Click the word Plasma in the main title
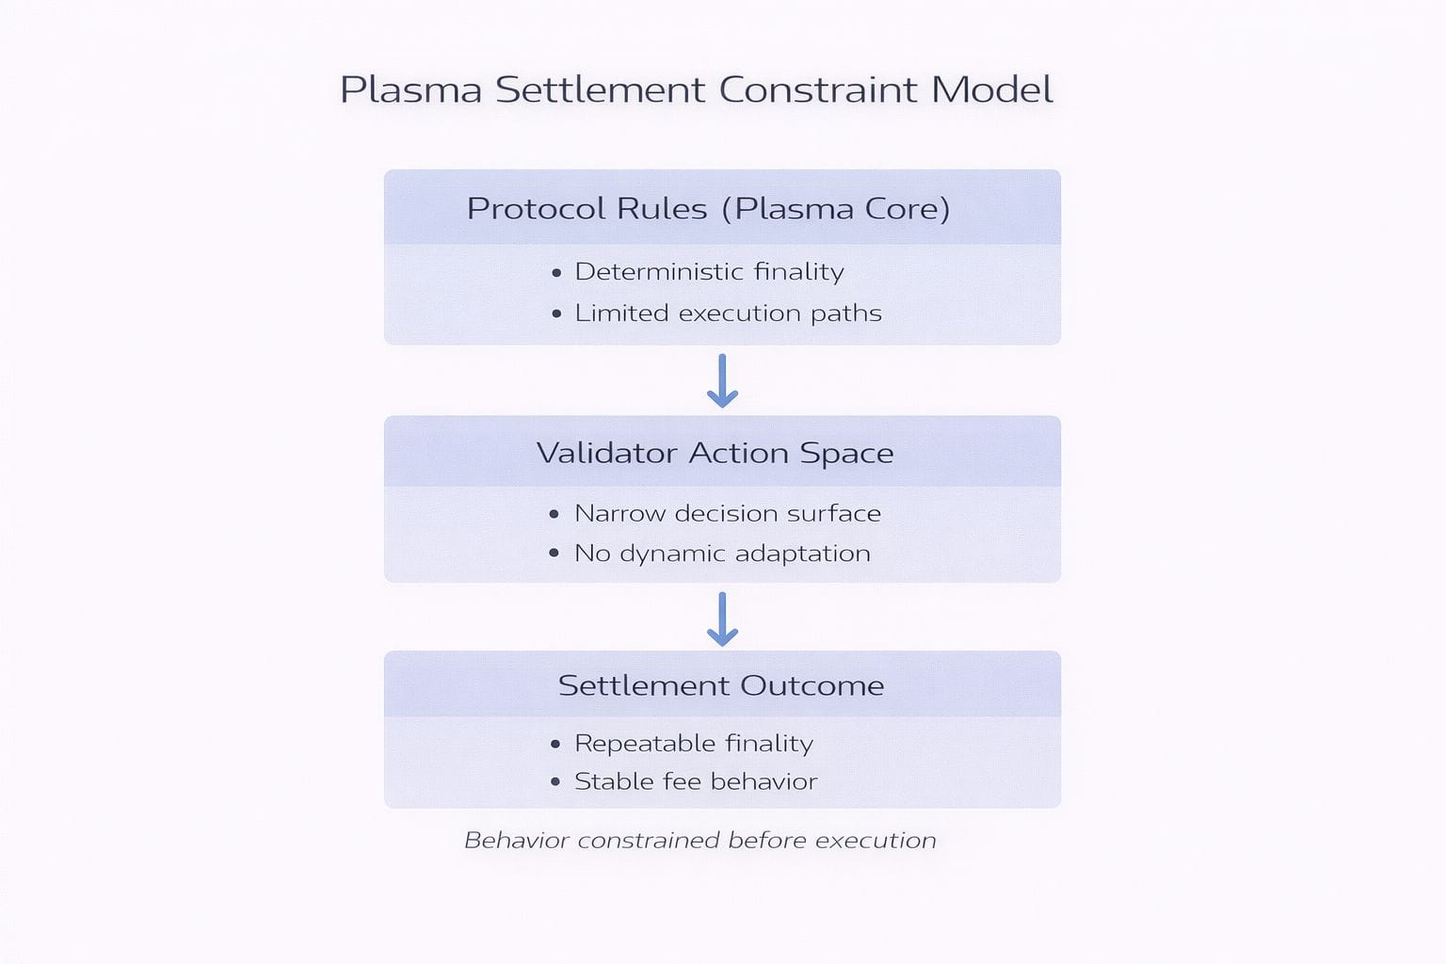[410, 90]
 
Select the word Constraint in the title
[818, 90]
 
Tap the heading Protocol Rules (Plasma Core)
[708, 208]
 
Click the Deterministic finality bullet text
[709, 272]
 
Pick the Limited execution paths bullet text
[728, 313]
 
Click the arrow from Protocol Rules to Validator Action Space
[722, 380]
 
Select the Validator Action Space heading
[715, 453]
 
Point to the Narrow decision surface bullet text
[727, 513]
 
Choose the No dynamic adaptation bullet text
[722, 554]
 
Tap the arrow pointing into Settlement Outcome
[722, 619]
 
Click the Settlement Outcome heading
[721, 685]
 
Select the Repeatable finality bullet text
[694, 744]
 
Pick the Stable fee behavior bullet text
[696, 781]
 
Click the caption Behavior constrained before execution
[700, 840]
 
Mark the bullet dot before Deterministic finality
[556, 273]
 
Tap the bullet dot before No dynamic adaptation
[554, 554]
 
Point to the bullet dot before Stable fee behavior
[555, 782]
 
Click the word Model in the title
[992, 90]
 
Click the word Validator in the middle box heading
[607, 453]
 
